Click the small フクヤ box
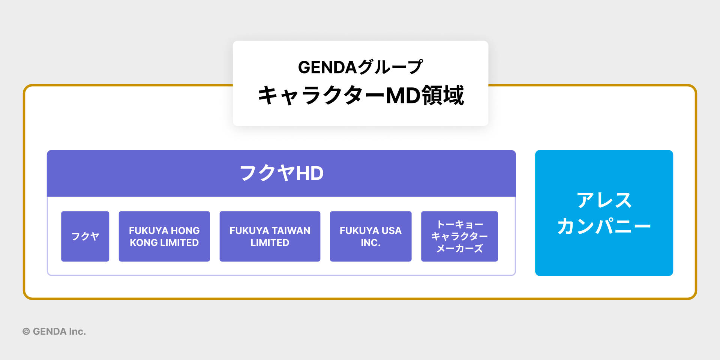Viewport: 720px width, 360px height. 85,236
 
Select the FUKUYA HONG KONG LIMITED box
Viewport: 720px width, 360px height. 164,236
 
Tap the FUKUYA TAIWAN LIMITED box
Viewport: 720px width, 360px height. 270,236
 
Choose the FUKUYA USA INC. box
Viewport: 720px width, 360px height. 370,236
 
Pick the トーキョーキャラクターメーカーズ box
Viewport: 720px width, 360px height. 459,236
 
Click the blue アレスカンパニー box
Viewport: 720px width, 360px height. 604,213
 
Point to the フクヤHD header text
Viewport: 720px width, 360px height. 281,173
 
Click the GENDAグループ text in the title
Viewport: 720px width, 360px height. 360,67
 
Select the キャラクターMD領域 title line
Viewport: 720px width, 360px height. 360,95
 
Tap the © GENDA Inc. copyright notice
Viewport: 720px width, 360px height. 54,331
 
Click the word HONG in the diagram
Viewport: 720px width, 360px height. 186,231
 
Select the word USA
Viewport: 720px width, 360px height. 391,231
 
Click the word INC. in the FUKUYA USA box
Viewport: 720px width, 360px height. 370,243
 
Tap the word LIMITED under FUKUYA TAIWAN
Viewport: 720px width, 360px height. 270,243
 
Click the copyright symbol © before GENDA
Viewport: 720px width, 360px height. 26,331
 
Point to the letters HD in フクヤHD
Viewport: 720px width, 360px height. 310,173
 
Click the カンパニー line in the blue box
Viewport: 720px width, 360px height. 604,226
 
